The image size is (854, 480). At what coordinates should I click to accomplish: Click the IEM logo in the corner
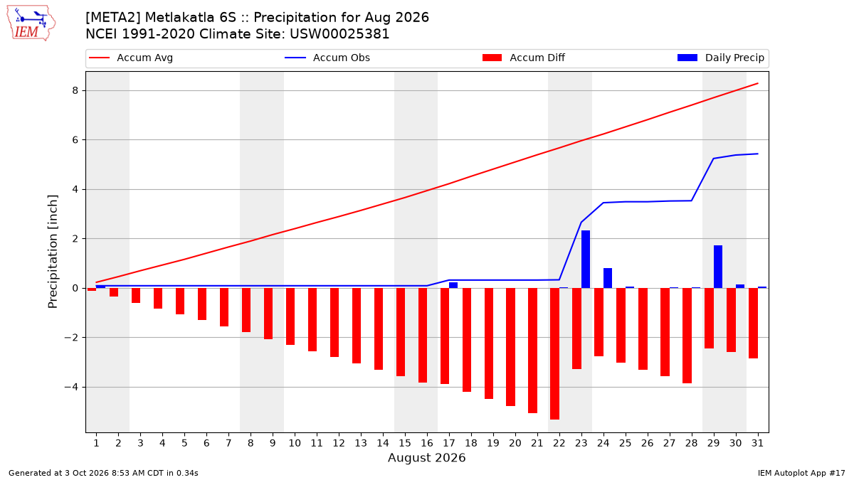pyautogui.click(x=31, y=23)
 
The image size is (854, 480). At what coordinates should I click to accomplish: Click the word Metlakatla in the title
pyautogui.click(x=190, y=18)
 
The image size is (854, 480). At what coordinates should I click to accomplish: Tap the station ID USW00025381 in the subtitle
pyautogui.click(x=339, y=34)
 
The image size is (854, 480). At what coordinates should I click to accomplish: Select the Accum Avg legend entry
pyautogui.click(x=131, y=58)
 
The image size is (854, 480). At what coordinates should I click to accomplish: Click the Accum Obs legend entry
pyautogui.click(x=327, y=58)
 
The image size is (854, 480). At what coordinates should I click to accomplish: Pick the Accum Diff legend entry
pyautogui.click(x=524, y=58)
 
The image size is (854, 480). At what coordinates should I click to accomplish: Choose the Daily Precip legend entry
pyautogui.click(x=720, y=58)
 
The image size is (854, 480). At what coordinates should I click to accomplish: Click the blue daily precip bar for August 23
pyautogui.click(x=586, y=259)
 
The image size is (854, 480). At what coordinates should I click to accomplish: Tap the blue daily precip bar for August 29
pyautogui.click(x=718, y=267)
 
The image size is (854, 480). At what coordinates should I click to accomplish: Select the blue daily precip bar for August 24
pyautogui.click(x=608, y=278)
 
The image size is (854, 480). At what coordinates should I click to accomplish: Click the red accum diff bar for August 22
pyautogui.click(x=554, y=353)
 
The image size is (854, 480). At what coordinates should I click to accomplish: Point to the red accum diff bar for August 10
pyautogui.click(x=290, y=316)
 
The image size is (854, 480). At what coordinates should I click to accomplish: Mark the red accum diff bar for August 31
pyautogui.click(x=754, y=323)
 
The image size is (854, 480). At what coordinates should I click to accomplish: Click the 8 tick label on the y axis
pyautogui.click(x=75, y=91)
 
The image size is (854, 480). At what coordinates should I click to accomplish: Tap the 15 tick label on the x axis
pyautogui.click(x=405, y=443)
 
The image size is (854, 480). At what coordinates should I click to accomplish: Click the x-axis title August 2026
pyautogui.click(x=426, y=457)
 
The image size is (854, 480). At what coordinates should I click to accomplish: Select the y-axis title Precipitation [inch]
pyautogui.click(x=53, y=252)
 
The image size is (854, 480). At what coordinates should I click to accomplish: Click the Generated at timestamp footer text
pyautogui.click(x=103, y=473)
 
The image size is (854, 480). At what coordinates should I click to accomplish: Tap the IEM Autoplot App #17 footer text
pyautogui.click(x=801, y=473)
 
